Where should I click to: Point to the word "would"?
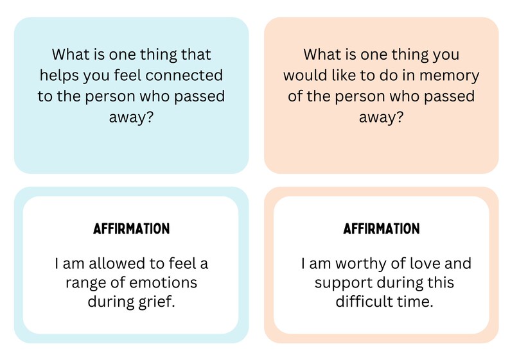coord(306,76)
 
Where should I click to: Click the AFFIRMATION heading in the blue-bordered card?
coord(131,229)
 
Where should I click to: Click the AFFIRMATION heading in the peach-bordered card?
coord(382,229)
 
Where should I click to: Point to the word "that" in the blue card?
coord(197,55)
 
